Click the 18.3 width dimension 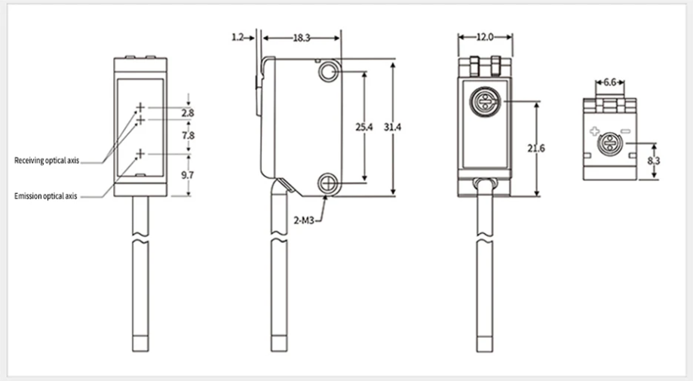302,38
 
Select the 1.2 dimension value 238,38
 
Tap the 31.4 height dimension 392,128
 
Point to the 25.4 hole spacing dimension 364,128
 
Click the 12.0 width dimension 485,37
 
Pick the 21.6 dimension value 536,149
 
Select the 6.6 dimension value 610,82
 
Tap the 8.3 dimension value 654,161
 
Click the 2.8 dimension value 188,113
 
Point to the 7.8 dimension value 189,135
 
